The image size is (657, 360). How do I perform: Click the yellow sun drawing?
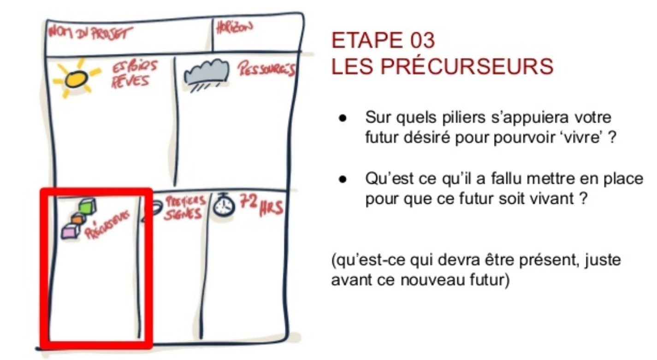[76, 78]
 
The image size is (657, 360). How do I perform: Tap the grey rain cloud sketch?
[207, 75]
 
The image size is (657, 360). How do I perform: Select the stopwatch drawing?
[224, 205]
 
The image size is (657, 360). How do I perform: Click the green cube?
[88, 206]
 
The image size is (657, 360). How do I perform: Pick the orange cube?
[78, 218]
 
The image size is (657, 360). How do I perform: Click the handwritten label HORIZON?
[234, 28]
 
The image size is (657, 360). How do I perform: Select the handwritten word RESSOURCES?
[266, 69]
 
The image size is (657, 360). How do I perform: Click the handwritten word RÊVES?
[130, 81]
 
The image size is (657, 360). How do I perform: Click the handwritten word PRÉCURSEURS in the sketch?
[107, 225]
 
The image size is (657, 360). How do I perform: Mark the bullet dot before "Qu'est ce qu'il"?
[342, 179]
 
